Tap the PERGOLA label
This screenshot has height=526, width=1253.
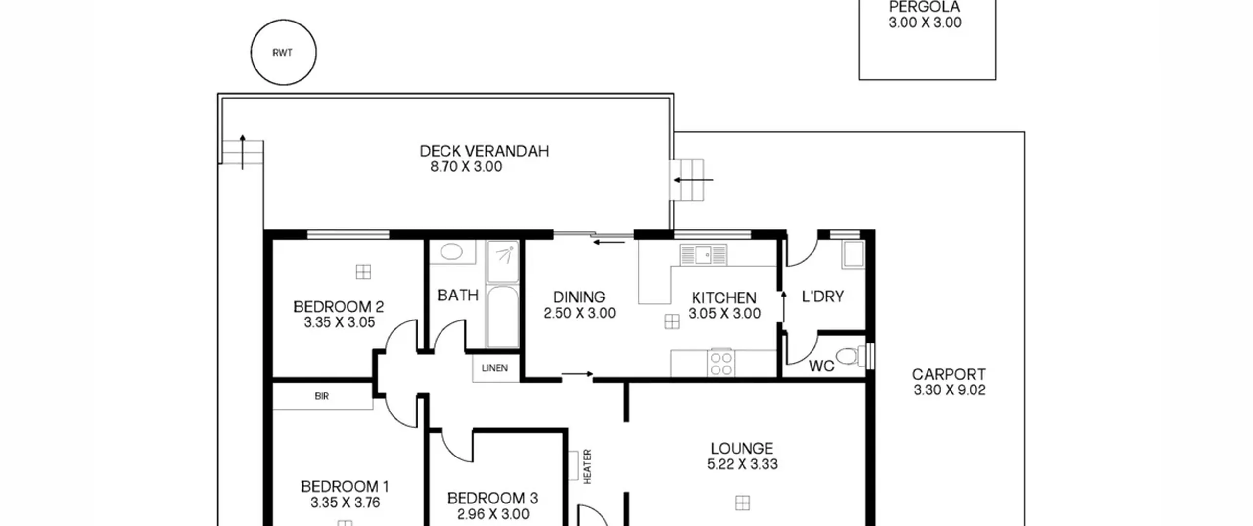pyautogui.click(x=925, y=7)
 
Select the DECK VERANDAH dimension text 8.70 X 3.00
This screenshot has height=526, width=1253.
pyautogui.click(x=466, y=167)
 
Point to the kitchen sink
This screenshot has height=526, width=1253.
pyautogui.click(x=703, y=255)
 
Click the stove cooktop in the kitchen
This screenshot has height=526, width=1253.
pyautogui.click(x=721, y=363)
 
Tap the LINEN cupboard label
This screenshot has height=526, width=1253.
pyautogui.click(x=494, y=368)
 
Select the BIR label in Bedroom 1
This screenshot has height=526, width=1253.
pyautogui.click(x=322, y=396)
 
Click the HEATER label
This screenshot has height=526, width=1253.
pyautogui.click(x=588, y=467)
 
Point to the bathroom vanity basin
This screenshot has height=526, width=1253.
pyautogui.click(x=451, y=252)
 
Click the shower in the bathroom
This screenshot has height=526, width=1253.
pyautogui.click(x=503, y=261)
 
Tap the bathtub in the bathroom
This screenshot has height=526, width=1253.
pyautogui.click(x=503, y=317)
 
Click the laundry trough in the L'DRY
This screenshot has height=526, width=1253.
pyautogui.click(x=853, y=254)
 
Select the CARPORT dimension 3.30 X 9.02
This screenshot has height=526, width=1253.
pyautogui.click(x=950, y=390)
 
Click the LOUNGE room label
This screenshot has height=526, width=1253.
pyautogui.click(x=742, y=449)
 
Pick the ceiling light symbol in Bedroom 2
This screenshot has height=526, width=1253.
pyautogui.click(x=363, y=272)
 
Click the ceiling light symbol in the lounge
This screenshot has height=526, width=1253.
pyautogui.click(x=743, y=503)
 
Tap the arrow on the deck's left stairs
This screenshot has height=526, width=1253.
pyautogui.click(x=242, y=152)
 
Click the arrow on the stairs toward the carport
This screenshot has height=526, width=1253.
pyautogui.click(x=694, y=180)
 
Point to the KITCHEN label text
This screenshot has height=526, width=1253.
pyautogui.click(x=724, y=298)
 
